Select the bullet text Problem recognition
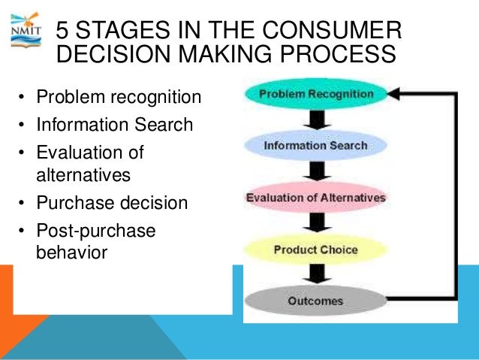coord(119,97)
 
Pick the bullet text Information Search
coord(114,124)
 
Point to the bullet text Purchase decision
coord(112,203)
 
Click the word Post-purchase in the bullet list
coord(95,231)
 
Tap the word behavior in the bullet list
coord(71,252)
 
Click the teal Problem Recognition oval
coord(315,95)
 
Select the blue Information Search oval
coord(315,145)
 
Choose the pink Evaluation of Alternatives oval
coord(315,198)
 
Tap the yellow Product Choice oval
coord(315,249)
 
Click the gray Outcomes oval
coord(315,301)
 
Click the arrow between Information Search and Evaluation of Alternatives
coord(316,171)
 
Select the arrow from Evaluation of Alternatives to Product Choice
coord(316,223)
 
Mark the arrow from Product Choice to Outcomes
coord(316,275)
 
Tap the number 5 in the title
coord(64,32)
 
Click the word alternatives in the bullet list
coord(83,175)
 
